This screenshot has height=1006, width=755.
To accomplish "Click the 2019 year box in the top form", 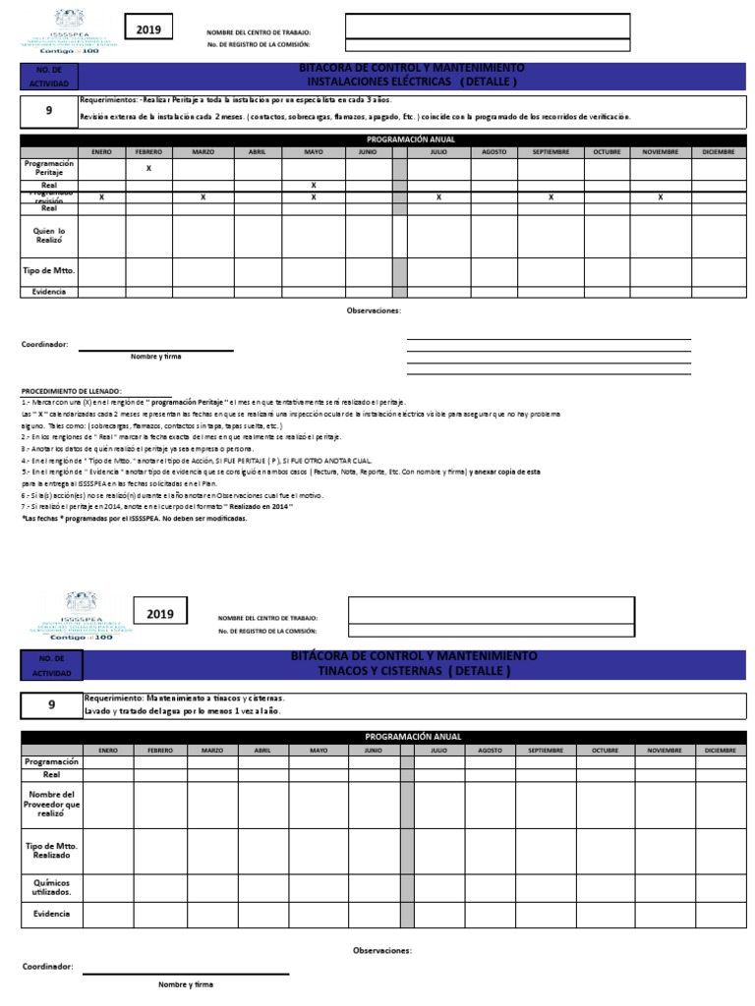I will pos(147,30).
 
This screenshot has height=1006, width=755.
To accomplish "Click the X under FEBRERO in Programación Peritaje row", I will pos(148,169).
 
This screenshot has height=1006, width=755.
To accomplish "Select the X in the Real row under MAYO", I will pos(314,185).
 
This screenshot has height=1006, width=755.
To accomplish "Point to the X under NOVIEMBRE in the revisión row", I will pos(661,197).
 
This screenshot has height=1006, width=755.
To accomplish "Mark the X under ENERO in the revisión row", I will pos(101,197).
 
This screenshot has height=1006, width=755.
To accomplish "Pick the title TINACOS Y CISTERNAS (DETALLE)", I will pos(413,671).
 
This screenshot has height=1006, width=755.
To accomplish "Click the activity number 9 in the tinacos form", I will pos(51,704).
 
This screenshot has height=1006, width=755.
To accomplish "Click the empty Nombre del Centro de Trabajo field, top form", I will pos(488,26).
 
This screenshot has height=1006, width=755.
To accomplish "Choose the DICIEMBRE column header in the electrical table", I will pos(719,151).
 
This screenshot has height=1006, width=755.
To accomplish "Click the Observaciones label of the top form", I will pos(374,310).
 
